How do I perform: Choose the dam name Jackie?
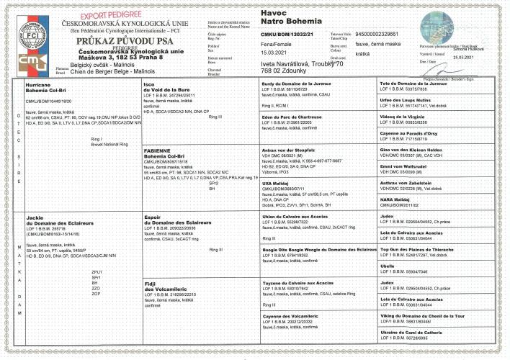coord(35,217)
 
